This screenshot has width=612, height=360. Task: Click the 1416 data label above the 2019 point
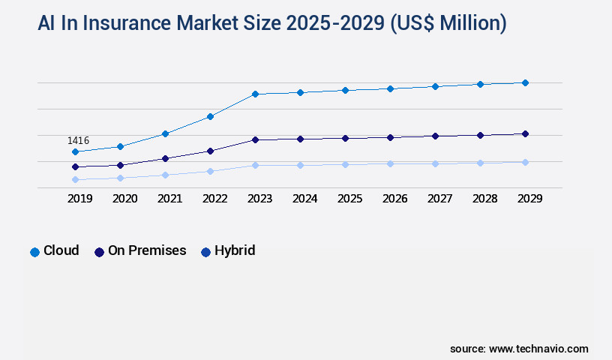click(79, 140)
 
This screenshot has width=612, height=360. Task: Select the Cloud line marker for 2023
click(255, 94)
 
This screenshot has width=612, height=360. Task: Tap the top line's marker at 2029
click(525, 82)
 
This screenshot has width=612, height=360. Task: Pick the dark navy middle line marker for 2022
click(210, 151)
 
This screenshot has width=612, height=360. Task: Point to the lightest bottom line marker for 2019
click(75, 180)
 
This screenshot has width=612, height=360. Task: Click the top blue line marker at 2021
click(165, 133)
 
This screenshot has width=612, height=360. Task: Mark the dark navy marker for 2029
click(525, 133)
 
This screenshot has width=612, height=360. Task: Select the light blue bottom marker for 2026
click(390, 163)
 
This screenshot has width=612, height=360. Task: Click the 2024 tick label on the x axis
click(304, 199)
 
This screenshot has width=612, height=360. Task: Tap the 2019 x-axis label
click(79, 199)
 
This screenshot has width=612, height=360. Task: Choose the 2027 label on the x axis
click(439, 199)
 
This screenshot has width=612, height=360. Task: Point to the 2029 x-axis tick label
click(529, 199)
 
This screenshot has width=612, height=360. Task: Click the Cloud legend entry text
click(61, 250)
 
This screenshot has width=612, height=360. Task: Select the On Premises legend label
click(147, 250)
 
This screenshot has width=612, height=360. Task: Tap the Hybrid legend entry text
click(235, 250)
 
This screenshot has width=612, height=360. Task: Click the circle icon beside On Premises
click(99, 252)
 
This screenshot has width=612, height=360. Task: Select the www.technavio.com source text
click(538, 349)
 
